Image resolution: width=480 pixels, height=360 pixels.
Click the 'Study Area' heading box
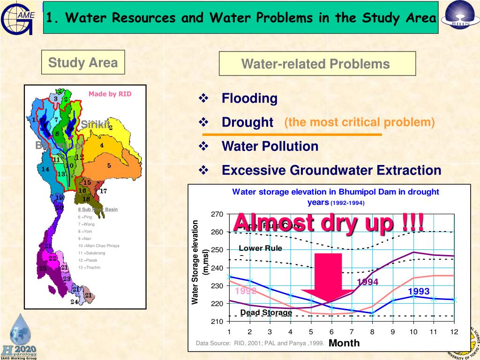pyautogui.click(x=83, y=62)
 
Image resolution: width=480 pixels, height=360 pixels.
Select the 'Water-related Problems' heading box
pyautogui.click(x=315, y=64)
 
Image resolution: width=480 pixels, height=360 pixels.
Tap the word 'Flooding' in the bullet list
pyautogui.click(x=249, y=98)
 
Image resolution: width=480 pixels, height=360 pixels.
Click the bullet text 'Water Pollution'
pyautogui.click(x=270, y=146)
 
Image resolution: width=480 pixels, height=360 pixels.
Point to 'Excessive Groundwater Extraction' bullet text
pyautogui.click(x=331, y=170)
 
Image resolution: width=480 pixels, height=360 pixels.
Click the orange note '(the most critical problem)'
pyautogui.click(x=360, y=123)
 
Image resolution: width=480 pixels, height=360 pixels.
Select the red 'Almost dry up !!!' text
pyautogui.click(x=329, y=222)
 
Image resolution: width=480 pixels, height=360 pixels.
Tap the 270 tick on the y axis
pyautogui.click(x=217, y=214)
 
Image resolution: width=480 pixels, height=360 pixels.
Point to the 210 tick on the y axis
pyautogui.click(x=217, y=322)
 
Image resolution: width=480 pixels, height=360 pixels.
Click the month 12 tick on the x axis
pyautogui.click(x=454, y=332)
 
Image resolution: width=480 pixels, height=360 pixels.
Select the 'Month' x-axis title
pyautogui.click(x=344, y=343)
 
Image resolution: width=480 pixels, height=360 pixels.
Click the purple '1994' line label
pyautogui.click(x=367, y=282)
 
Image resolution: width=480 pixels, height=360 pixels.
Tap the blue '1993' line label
pyautogui.click(x=419, y=292)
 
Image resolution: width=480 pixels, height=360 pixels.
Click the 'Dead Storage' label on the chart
pyautogui.click(x=266, y=313)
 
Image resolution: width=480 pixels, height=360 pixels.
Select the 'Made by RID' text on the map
pyautogui.click(x=110, y=94)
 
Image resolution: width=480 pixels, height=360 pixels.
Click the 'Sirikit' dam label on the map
pyautogui.click(x=95, y=125)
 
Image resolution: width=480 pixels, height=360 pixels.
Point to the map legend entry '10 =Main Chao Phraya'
pyautogui.click(x=98, y=246)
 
